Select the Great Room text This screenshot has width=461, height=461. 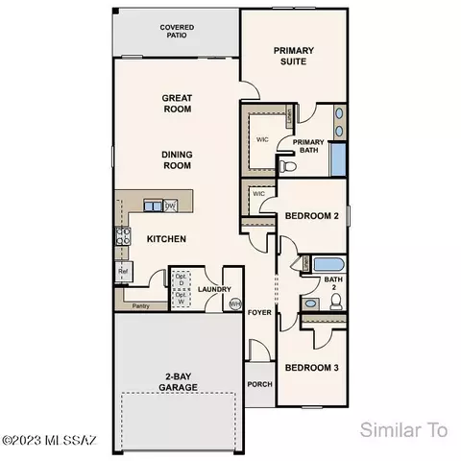176,103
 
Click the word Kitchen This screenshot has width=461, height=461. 166,238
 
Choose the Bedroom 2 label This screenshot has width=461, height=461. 312,216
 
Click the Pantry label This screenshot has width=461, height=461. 139,307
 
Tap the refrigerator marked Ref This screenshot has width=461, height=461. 123,273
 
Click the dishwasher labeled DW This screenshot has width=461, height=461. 169,206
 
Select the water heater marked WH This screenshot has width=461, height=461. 235,305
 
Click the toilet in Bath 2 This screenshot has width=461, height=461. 335,303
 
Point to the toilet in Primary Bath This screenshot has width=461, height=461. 285,165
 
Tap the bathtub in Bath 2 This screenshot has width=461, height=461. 319,262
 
